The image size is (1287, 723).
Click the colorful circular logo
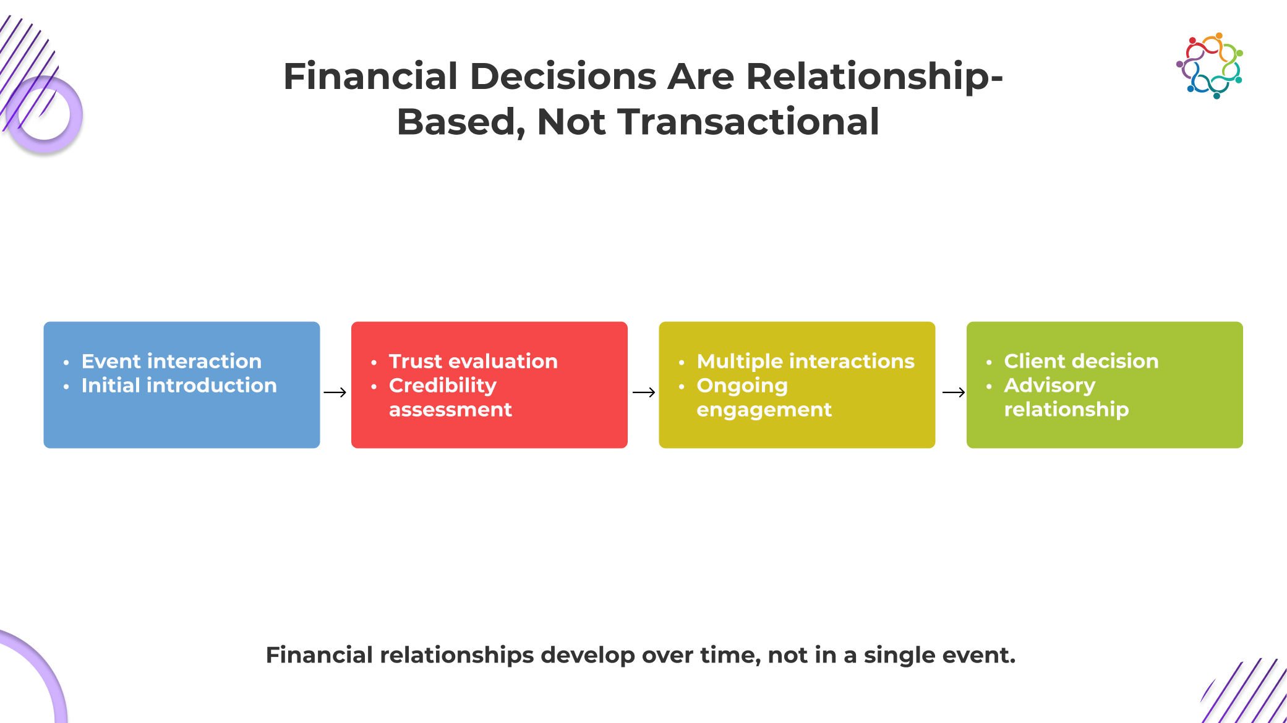(1210, 66)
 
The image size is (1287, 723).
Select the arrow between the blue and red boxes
(335, 392)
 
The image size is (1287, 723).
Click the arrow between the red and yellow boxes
(644, 392)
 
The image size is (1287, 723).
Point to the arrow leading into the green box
(954, 392)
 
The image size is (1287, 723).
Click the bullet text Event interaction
(171, 361)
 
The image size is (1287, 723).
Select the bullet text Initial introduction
(179, 386)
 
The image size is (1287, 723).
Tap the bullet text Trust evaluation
(473, 361)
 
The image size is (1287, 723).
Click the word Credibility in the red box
(443, 386)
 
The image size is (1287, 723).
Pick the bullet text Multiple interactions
(805, 361)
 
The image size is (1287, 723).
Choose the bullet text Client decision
(1081, 361)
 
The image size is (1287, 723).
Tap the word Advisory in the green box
(1050, 386)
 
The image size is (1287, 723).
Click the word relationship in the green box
(1066, 410)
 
